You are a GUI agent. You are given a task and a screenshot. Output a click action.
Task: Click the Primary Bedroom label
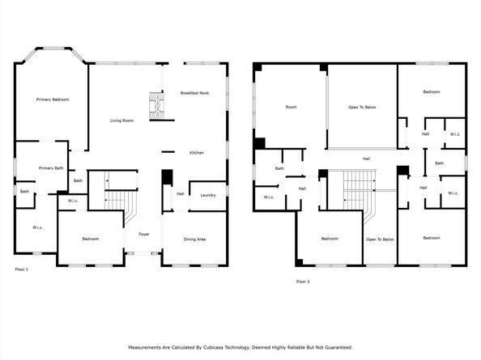point(53,100)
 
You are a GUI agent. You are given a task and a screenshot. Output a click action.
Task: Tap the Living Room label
point(121,121)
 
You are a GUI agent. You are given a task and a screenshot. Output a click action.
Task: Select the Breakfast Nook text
point(195,94)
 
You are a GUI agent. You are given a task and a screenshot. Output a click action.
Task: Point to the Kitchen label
point(197,153)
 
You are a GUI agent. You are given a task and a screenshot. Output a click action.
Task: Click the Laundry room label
point(207,195)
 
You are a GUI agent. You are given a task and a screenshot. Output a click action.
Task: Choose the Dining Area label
point(195,239)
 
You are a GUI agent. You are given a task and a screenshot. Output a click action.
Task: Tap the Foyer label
point(143,234)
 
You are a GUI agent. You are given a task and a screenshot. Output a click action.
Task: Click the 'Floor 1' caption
point(22,269)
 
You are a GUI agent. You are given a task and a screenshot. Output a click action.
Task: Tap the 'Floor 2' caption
point(303,281)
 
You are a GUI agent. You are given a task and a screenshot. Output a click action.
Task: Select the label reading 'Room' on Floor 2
point(291,107)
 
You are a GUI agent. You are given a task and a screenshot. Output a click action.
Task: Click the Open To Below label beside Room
point(362,107)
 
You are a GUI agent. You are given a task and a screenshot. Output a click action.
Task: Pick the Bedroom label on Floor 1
point(90,239)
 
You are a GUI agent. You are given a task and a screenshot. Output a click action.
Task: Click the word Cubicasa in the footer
point(217,347)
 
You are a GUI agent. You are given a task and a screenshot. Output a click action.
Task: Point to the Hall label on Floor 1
point(180,194)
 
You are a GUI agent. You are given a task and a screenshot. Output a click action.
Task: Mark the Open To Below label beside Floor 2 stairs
point(380,239)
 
